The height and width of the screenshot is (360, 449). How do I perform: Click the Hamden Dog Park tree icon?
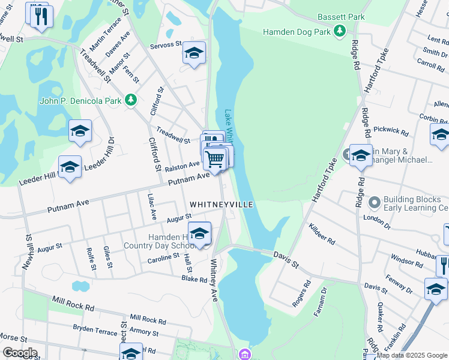340,30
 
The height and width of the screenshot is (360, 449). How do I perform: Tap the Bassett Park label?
341,17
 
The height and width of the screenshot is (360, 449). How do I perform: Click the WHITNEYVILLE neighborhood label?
221,205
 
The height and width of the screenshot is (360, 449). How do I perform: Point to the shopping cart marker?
215,159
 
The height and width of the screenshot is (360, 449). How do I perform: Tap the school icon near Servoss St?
194,53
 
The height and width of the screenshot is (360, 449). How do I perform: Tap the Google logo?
20,353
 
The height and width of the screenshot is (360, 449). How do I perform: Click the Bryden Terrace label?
95,328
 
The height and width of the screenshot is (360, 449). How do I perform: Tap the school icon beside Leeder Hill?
70,167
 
